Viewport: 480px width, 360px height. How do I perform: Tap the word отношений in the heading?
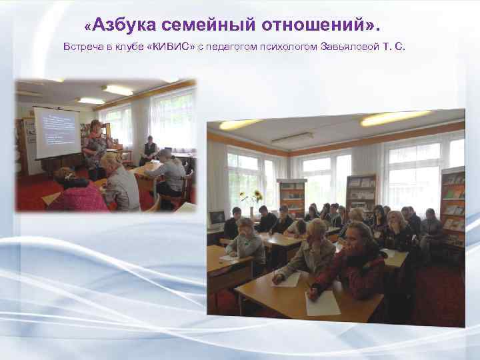point(313,25)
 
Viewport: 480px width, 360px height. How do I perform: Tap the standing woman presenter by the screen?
point(95,148)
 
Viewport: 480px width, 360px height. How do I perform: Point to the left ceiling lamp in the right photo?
point(240,124)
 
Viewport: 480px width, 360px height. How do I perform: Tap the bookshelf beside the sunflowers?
point(292,198)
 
